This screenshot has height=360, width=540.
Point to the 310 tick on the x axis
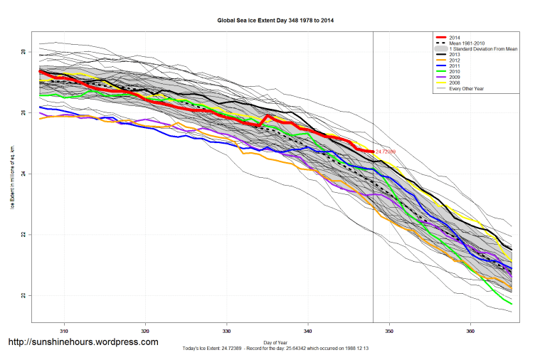pyautogui.click(x=64, y=331)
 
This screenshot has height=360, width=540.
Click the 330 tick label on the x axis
pyautogui.click(x=226, y=331)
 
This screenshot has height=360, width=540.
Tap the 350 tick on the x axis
pyautogui.click(x=389, y=331)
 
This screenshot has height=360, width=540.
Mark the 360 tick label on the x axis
pyautogui.click(x=470, y=331)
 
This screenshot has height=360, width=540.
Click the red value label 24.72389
pyautogui.click(x=388, y=152)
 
